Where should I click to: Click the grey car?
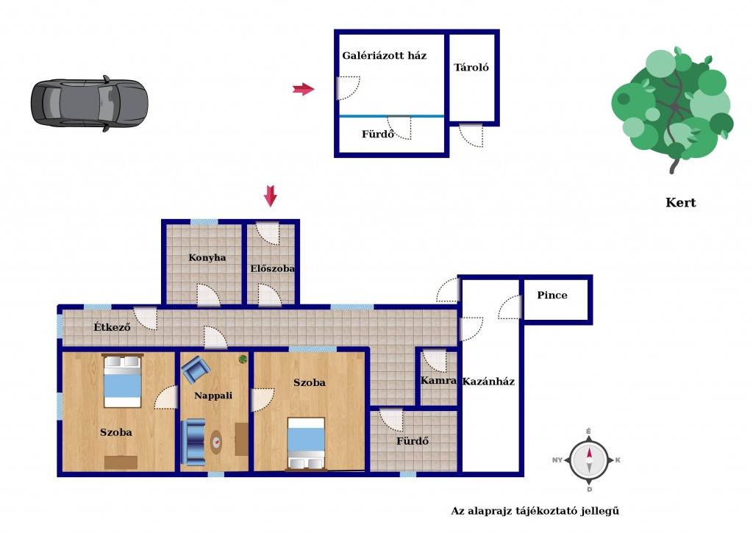pos(90,103)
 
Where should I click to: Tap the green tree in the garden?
pos(672,108)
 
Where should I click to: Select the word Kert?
pos(680,203)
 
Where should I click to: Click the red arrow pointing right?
pos(304,89)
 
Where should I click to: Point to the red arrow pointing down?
pos(271,196)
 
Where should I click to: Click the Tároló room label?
pos(471,67)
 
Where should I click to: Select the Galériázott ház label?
pos(384,55)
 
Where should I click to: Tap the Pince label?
pos(552,295)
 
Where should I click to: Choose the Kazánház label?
pos(488,382)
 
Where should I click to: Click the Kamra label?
pos(438,380)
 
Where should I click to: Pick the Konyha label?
pos(207,257)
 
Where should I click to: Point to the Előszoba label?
pos(272,268)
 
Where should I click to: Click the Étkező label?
pos(112,327)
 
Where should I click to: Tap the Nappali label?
pos(213,396)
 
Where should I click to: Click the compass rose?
pos(589,460)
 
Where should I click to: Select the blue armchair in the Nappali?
pos(196,369)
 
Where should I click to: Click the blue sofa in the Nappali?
pos(193,443)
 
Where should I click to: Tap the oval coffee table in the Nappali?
pos(217,442)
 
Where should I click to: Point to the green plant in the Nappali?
pos(243,359)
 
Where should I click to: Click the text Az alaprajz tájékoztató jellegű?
pos(535,511)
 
